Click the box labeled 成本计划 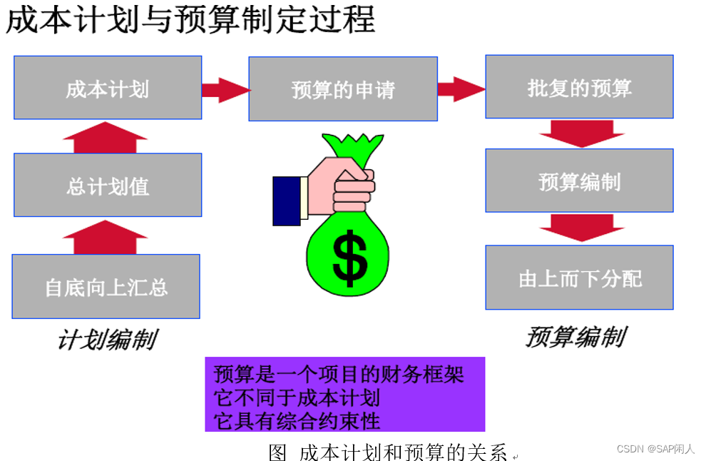point(108,88)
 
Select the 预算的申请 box point(342,89)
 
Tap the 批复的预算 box point(579,87)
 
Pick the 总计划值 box point(108,186)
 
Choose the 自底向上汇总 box point(106,286)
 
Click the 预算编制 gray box point(579,181)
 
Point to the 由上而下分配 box point(579,278)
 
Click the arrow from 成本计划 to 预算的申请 point(225,90)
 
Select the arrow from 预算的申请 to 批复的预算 point(461,89)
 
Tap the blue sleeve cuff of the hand point(286,201)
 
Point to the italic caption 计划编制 point(106,340)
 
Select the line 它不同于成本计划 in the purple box point(297,397)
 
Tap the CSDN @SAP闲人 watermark point(655,449)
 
